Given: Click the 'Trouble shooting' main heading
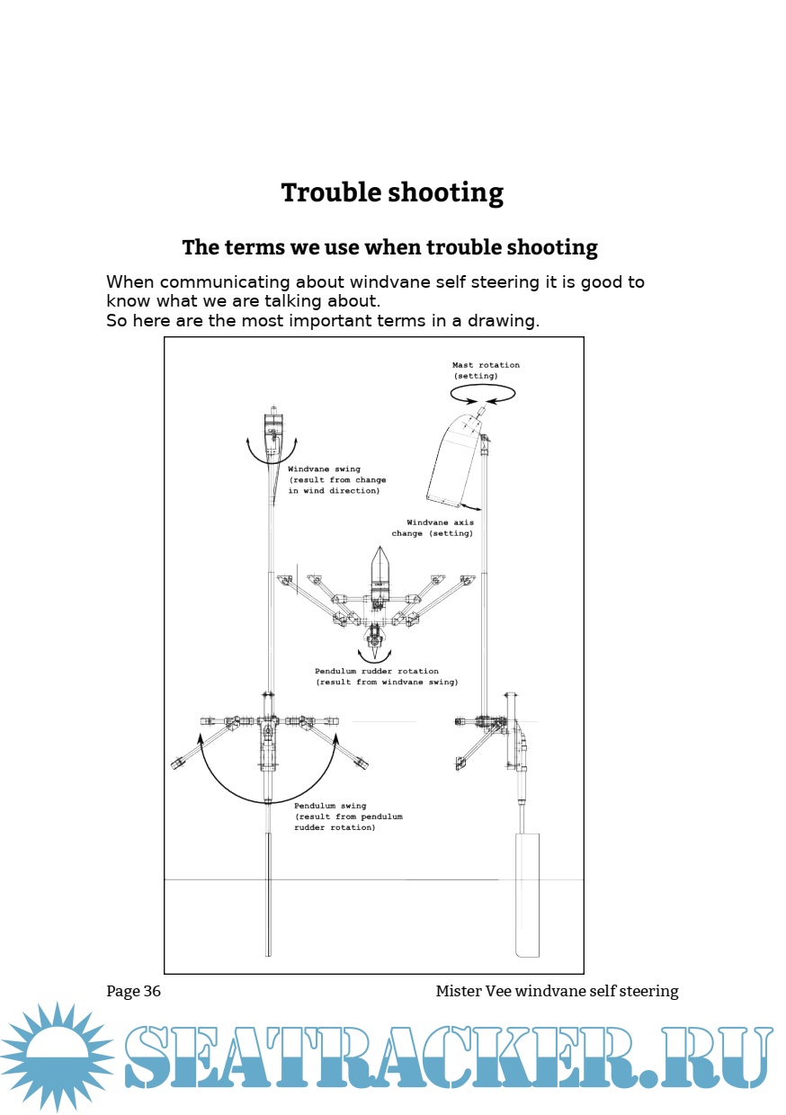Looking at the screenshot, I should (x=392, y=192).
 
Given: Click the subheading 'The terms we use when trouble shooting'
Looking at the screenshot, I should (x=389, y=246).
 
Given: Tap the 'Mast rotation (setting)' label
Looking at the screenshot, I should (x=486, y=370).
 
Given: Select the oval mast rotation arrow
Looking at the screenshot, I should (x=483, y=393).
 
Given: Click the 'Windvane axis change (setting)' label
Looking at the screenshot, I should (x=433, y=528).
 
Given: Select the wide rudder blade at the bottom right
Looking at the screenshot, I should (x=526, y=895).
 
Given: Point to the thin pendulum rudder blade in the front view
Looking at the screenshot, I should (x=268, y=895).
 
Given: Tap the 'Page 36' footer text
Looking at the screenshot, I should (x=133, y=991).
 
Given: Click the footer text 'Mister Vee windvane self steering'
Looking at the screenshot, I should (x=557, y=991).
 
